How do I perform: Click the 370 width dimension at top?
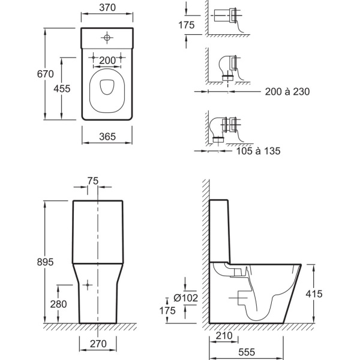(107, 8)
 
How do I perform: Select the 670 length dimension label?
(46, 74)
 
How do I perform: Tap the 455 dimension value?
(62, 89)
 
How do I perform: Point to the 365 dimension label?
(107, 137)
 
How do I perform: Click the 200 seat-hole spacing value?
(107, 61)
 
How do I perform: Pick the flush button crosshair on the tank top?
(107, 37)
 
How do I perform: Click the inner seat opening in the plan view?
(107, 87)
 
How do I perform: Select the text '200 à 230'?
(287, 92)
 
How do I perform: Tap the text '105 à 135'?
(258, 151)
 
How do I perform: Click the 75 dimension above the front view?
(93, 181)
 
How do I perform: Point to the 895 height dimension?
(45, 262)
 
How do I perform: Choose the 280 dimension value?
(59, 304)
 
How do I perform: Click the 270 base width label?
(98, 344)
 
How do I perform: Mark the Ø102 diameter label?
(186, 298)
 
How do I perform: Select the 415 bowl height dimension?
(314, 294)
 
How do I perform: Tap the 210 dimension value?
(224, 336)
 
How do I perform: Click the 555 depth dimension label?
(247, 352)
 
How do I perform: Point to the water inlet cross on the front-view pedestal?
(88, 285)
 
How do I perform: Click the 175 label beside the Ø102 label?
(167, 311)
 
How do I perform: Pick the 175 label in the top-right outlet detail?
(187, 25)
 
